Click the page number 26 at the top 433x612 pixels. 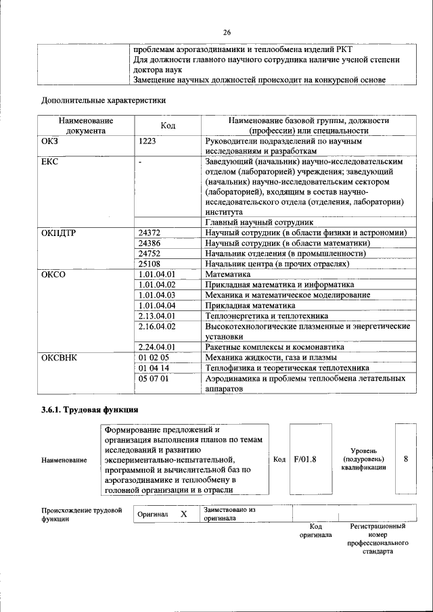click(x=227, y=31)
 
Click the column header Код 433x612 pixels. click(x=168, y=126)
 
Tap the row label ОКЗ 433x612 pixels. click(x=51, y=143)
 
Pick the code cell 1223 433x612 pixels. click(x=148, y=143)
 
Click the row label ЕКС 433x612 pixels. click(x=51, y=163)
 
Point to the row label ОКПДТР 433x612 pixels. click(x=60, y=233)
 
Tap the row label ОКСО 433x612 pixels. click(x=53, y=275)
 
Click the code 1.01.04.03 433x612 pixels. click(x=156, y=296)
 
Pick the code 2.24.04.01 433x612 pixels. click(x=156, y=347)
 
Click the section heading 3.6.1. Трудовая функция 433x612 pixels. click(x=90, y=410)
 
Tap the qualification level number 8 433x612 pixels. click(x=405, y=459)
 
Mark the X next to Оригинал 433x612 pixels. click(x=183, y=514)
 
